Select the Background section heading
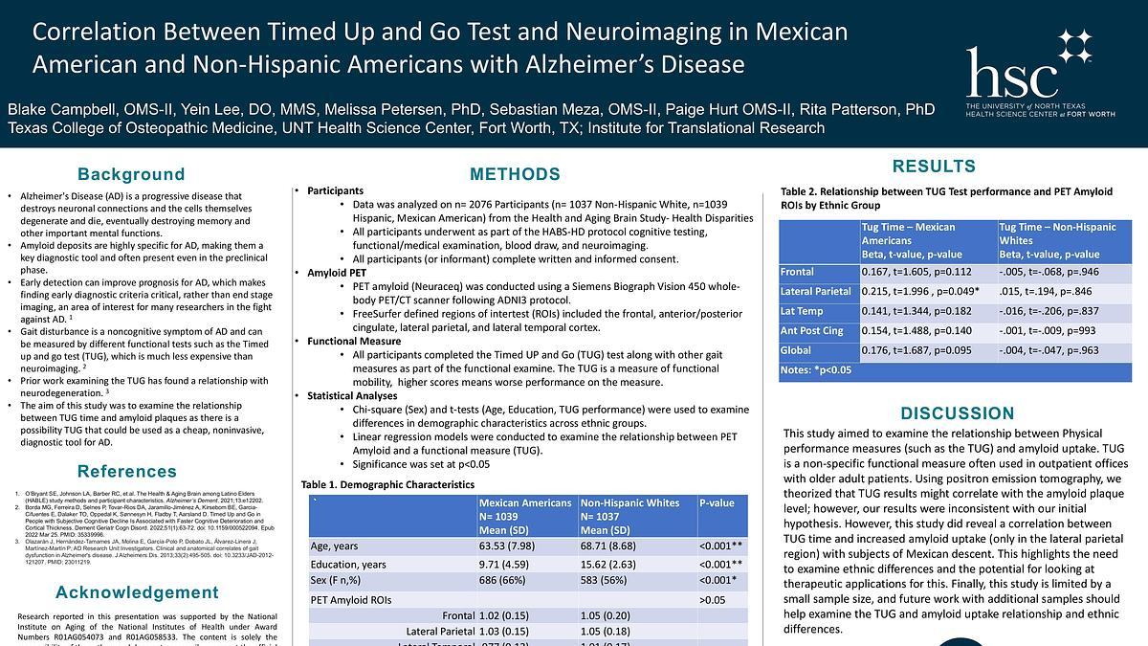tap(131, 174)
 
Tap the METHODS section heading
tap(515, 174)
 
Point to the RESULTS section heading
tap(934, 167)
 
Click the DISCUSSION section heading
tap(957, 413)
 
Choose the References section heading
tap(127, 471)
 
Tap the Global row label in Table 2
tap(795, 349)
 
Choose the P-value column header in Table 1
tap(717, 503)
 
